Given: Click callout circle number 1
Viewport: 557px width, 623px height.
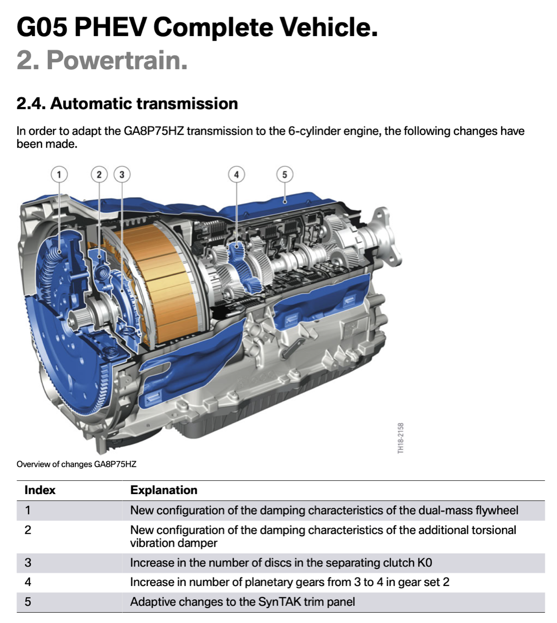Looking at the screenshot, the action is point(59,174).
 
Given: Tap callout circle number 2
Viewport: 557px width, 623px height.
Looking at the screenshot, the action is point(99,174).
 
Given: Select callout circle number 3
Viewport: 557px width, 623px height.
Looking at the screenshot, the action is point(122,174).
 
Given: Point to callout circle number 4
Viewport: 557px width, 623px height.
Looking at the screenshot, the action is point(236,174).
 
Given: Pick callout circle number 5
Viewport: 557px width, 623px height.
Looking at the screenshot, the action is point(284,174).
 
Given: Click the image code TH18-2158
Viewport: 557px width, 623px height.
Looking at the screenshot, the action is point(400,438).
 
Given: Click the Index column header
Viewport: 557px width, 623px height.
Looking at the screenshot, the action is point(40,490).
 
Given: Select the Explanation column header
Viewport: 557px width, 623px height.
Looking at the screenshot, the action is point(164,490).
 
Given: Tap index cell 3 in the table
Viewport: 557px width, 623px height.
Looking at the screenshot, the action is point(28,563).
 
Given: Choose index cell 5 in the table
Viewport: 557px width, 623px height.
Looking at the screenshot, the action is point(28,602).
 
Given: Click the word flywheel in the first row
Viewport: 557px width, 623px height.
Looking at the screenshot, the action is point(497,511).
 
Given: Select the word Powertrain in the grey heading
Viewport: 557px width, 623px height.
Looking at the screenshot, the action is point(117,60).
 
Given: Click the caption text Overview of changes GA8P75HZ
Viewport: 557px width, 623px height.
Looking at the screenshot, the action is point(76,464).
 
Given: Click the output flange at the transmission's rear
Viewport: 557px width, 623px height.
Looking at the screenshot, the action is point(385,237).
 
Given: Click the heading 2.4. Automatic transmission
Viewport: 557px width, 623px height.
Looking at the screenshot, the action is point(127,103).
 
